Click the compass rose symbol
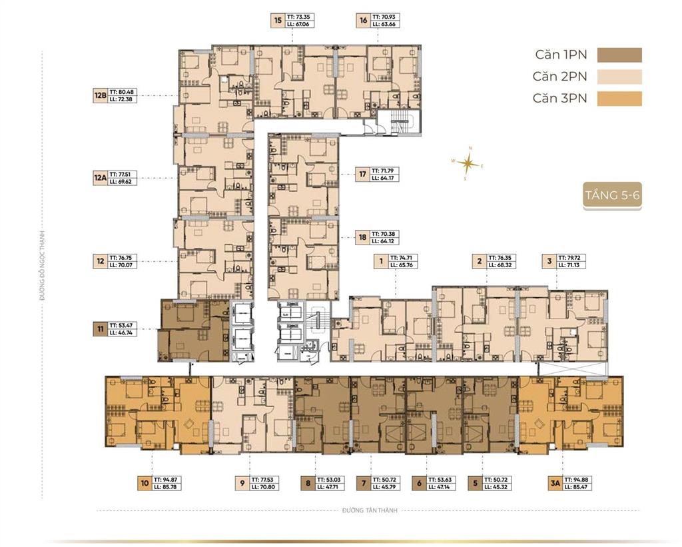point(469,162)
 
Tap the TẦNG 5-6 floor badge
point(612,195)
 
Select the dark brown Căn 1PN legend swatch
point(619,55)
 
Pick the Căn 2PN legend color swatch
point(619,77)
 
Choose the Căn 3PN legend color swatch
point(619,99)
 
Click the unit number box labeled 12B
point(100,96)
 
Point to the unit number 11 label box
point(100,327)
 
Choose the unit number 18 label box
point(362,237)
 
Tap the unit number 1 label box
point(381,261)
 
